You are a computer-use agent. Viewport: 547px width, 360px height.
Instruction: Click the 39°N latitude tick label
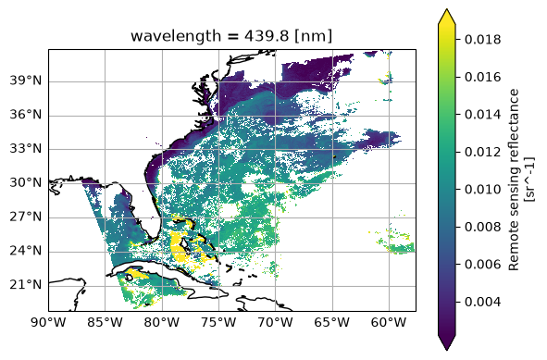tap(25, 81)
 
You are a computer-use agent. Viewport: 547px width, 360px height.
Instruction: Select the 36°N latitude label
tap(25, 115)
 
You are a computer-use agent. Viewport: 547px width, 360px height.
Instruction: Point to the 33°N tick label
tap(25, 149)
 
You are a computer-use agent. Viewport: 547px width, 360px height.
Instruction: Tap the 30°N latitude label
tap(25, 183)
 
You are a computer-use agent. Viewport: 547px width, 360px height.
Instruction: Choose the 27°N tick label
tap(25, 217)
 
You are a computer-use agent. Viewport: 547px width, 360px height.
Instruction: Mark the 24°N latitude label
tap(25, 251)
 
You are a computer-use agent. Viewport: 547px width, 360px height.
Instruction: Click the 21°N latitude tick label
tap(25, 285)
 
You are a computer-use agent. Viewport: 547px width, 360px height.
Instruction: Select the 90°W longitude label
tap(48, 322)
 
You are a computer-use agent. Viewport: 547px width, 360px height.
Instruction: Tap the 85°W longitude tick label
tap(105, 322)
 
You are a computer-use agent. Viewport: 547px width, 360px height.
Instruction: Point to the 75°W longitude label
tap(218, 322)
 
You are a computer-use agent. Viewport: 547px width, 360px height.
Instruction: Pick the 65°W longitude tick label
tap(332, 322)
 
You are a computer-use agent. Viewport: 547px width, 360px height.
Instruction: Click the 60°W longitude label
tap(389, 322)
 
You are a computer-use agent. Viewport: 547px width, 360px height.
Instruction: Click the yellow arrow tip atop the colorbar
tap(446, 9)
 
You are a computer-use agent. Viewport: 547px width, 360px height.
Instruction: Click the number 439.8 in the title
tap(267, 35)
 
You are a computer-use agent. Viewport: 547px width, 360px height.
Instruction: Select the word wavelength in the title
tap(176, 36)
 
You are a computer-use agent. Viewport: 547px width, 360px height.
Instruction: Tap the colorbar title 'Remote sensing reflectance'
tap(514, 180)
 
